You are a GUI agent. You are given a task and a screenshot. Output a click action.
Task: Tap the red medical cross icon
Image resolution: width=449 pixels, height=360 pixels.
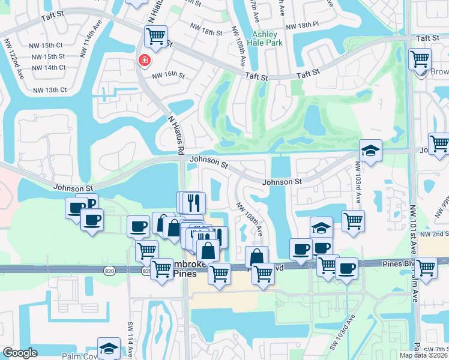point(143,60)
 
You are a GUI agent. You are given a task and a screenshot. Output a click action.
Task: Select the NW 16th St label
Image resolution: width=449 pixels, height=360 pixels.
point(169,76)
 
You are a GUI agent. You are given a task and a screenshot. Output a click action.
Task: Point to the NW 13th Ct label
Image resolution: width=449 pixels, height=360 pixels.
point(52,90)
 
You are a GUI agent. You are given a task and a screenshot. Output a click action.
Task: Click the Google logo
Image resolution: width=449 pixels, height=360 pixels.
point(20,353)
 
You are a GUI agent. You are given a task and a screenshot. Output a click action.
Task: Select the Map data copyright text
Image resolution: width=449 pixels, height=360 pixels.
point(424,355)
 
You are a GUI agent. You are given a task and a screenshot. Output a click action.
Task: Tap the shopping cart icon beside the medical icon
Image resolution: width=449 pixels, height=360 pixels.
point(155,36)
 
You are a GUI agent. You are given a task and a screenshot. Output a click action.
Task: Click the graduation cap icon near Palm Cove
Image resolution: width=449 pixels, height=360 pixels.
point(109,348)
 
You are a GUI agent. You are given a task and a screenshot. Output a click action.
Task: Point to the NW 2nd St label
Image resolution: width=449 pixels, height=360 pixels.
point(434,234)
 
